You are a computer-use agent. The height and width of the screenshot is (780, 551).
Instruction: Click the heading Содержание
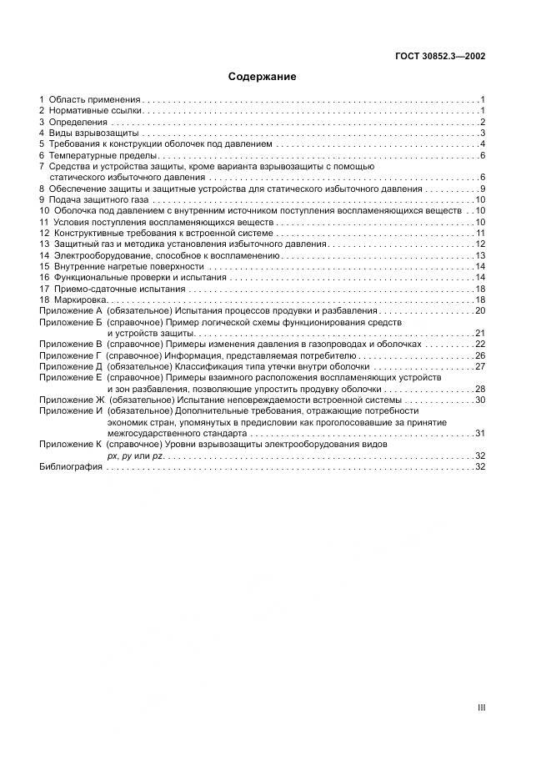(263, 78)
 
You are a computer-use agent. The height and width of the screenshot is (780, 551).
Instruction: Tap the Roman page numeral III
(481, 707)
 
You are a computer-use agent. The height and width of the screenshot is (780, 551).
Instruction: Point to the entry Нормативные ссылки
(97, 110)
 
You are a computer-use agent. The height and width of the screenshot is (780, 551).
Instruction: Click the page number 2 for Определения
(483, 122)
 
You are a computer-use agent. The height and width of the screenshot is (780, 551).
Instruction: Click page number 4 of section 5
(483, 144)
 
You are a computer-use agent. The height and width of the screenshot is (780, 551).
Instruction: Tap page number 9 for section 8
(483, 189)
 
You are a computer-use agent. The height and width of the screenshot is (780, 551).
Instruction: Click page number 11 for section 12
(480, 233)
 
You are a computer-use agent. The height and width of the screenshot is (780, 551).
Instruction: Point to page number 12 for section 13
(480, 244)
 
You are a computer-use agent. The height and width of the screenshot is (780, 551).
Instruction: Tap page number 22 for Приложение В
(480, 344)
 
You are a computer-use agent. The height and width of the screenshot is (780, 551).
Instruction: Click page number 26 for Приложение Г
(480, 355)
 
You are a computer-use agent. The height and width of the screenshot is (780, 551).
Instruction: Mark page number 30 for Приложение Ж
(480, 400)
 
